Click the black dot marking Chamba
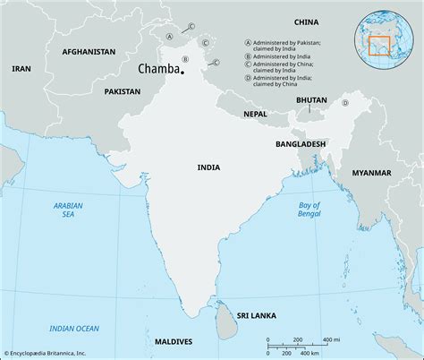182,73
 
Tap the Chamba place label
157,68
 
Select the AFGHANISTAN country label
89,52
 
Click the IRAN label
21,68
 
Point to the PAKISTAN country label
122,91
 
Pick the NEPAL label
256,114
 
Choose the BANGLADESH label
301,142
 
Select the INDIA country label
210,167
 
